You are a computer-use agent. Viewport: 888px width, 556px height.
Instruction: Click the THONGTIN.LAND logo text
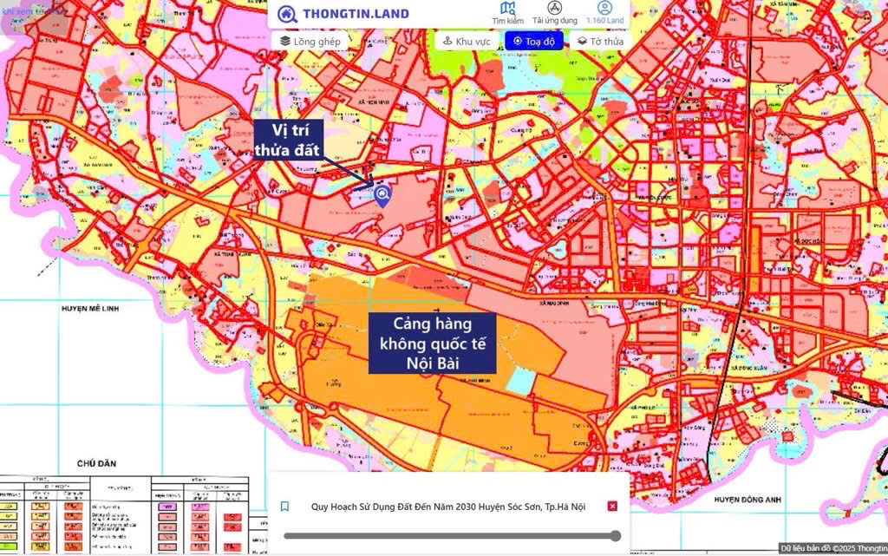click(x=356, y=14)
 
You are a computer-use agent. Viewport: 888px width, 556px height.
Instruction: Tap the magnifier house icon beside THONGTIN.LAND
click(x=287, y=14)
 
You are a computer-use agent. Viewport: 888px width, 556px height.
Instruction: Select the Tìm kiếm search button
click(x=507, y=13)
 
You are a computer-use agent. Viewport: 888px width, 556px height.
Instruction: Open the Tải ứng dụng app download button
click(x=555, y=13)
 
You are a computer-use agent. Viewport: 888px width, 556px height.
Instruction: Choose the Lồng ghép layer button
click(x=310, y=41)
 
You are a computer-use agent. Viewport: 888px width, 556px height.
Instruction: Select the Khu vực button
click(x=467, y=41)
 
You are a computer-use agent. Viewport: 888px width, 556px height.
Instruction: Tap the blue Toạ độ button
click(x=534, y=41)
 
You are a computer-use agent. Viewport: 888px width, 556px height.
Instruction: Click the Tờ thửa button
click(x=600, y=41)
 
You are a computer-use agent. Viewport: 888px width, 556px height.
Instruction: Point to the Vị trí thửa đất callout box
click(x=288, y=140)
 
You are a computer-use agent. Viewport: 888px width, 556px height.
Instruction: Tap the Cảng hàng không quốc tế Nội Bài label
click(x=432, y=343)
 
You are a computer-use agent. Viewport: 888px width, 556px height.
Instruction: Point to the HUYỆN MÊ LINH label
click(x=88, y=308)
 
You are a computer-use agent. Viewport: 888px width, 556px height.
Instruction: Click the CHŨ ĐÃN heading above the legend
click(x=95, y=464)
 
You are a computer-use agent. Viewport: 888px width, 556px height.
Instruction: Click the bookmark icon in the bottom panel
click(x=284, y=507)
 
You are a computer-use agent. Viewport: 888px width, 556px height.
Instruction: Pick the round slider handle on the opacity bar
click(x=616, y=536)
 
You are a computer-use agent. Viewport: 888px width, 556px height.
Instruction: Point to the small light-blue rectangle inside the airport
click(x=519, y=380)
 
